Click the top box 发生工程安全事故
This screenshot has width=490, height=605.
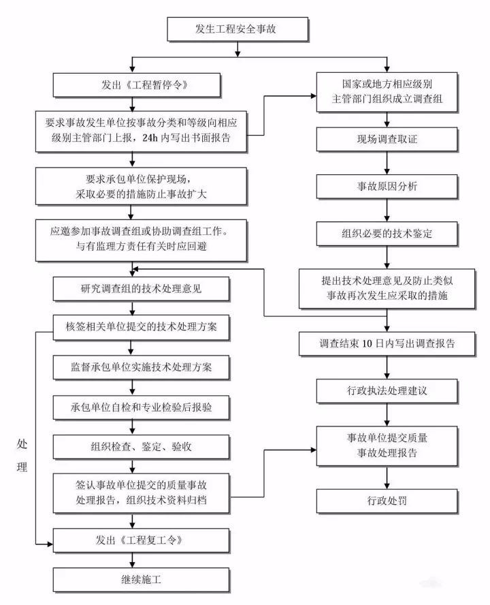(x=237, y=30)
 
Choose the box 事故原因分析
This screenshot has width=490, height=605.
(x=387, y=186)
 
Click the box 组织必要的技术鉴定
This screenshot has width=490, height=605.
(x=387, y=234)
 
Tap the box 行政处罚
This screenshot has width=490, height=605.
(x=387, y=501)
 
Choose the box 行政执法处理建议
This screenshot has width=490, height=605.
(x=387, y=392)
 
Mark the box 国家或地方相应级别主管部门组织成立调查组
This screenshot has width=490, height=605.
(x=387, y=92)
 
